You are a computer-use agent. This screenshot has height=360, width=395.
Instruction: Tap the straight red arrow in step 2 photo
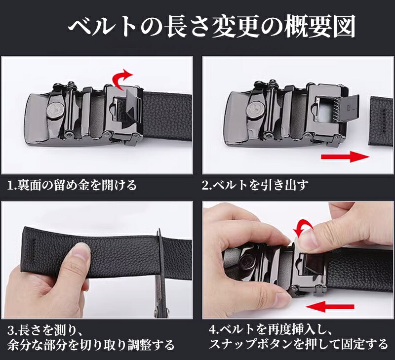[345, 157]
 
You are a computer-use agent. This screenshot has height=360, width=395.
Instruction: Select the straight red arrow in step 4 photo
[330, 307]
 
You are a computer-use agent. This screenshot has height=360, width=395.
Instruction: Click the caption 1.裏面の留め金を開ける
[72, 185]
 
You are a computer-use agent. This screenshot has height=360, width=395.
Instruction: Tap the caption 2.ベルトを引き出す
[255, 185]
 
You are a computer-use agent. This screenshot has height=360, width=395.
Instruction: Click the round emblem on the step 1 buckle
[55, 110]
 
